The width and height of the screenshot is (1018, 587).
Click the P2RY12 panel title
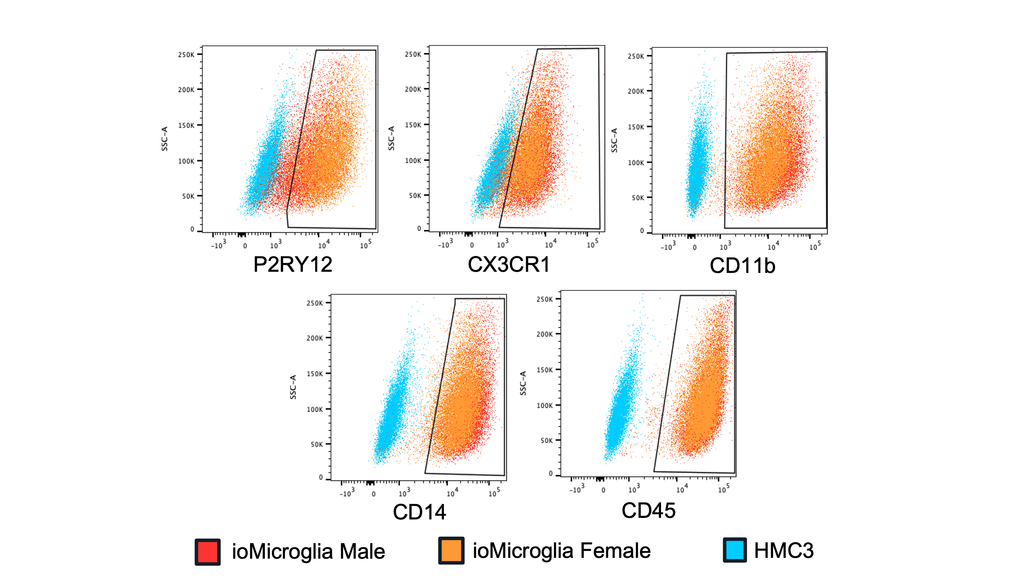292,265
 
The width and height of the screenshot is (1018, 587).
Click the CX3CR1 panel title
508,265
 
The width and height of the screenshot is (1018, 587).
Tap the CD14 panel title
419,512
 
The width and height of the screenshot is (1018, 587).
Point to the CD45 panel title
648,511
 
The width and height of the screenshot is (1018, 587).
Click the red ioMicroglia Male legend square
207,552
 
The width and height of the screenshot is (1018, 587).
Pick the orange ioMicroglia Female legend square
451,551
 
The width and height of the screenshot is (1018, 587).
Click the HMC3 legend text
784,551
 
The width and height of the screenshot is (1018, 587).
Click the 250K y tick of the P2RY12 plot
186,55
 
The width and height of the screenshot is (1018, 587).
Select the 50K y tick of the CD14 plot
316,445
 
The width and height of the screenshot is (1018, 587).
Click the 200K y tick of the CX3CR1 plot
413,90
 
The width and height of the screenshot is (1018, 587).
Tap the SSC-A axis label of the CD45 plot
523,384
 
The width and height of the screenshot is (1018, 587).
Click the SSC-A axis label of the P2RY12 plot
165,139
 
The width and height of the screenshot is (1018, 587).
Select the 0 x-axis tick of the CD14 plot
374,494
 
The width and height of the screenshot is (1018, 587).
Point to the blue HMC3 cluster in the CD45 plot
621,407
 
